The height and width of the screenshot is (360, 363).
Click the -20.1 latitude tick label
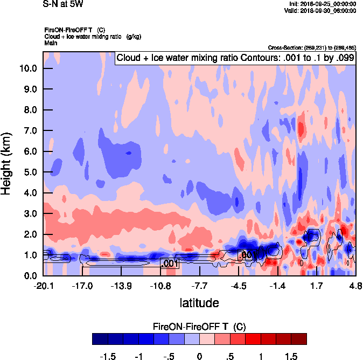[43, 286]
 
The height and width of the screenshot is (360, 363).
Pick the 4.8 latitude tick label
[355, 286]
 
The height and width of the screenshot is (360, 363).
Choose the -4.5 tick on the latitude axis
[239, 286]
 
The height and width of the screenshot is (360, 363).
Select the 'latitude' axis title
[199, 303]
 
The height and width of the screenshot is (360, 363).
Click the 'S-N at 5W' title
[62, 4]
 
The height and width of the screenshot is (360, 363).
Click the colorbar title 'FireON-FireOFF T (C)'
[199, 327]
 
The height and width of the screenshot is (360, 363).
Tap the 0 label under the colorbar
[199, 356]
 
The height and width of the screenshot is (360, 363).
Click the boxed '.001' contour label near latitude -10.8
[169, 264]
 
